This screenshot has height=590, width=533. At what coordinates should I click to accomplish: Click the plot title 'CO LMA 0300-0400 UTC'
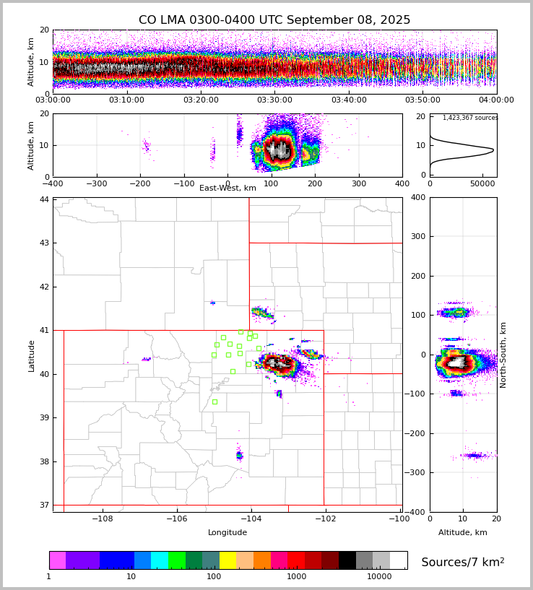coord(274,20)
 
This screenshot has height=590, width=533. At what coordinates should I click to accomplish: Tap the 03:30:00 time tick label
coord(274,100)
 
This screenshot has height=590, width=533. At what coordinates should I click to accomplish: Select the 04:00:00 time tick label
coord(496,100)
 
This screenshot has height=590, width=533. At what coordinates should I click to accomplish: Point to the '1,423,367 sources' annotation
coord(470,118)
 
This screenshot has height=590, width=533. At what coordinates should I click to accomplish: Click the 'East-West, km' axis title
coord(227,188)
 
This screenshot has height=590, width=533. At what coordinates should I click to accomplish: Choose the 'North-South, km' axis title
coord(503,355)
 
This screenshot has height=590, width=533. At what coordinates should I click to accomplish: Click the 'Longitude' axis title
coord(227,532)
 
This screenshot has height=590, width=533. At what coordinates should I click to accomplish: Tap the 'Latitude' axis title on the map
coord(32,355)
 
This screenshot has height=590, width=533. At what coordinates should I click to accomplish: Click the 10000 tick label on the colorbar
coord(379,577)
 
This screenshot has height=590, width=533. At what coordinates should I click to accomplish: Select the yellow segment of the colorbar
coord(227,560)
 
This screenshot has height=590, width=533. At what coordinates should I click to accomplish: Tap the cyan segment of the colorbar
coord(160,560)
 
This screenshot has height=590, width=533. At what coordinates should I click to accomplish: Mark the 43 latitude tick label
coord(44,243)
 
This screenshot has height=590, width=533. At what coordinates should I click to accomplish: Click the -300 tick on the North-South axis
coord(417,472)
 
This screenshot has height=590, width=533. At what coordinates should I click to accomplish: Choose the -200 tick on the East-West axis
coord(140,184)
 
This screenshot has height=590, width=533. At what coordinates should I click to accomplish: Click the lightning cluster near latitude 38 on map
coord(239,455)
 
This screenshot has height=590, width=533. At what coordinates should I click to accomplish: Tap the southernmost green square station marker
coord(214,402)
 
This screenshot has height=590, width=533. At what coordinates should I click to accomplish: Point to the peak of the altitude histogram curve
coord(493,150)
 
